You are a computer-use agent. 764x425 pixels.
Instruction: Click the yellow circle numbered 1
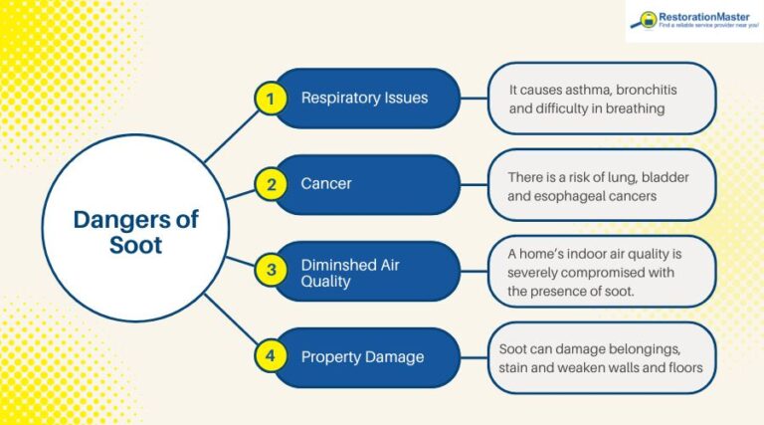click(268, 99)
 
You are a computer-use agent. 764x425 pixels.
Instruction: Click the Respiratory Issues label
click(364, 99)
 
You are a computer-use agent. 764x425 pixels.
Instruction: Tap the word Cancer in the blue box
click(326, 184)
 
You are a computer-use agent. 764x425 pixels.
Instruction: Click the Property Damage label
click(362, 356)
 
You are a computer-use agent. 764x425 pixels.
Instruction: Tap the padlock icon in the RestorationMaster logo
click(648, 19)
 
